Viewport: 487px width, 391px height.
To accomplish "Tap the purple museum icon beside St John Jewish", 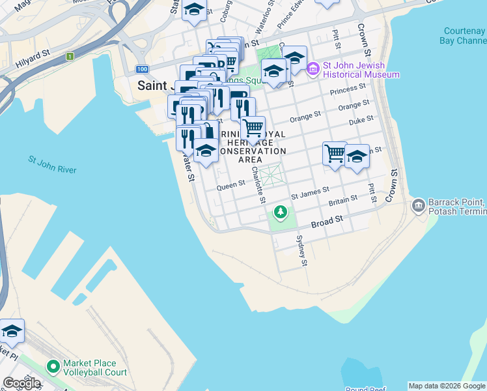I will tap(314, 67).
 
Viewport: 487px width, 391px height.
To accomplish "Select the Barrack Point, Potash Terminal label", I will tap(457, 207).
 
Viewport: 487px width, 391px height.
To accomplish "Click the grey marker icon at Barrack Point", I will tap(419, 206).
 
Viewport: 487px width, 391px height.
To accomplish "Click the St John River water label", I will tap(51, 165).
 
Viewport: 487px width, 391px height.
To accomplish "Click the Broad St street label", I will tap(327, 222).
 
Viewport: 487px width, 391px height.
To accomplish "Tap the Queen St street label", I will tap(230, 186).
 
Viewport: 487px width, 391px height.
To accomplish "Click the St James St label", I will tap(309, 194).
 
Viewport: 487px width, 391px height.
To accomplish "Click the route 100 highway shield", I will tap(142, 69).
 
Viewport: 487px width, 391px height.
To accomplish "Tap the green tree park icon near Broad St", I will tap(281, 212).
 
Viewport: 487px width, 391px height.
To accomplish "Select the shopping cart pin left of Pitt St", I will tap(335, 154).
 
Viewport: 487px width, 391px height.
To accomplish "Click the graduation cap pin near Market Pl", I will tap(12, 332).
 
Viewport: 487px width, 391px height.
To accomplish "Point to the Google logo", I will tap(21, 383).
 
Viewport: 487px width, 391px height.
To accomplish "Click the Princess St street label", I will tap(348, 89).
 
